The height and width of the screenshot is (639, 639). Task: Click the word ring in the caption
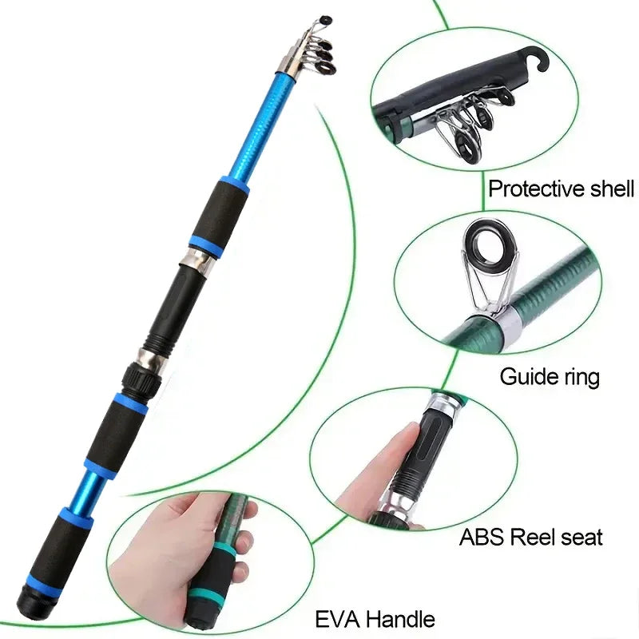(x=578, y=375)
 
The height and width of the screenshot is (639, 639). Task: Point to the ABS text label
(x=481, y=536)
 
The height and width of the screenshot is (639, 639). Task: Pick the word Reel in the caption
(x=536, y=536)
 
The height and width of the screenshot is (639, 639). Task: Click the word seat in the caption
(x=584, y=536)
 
